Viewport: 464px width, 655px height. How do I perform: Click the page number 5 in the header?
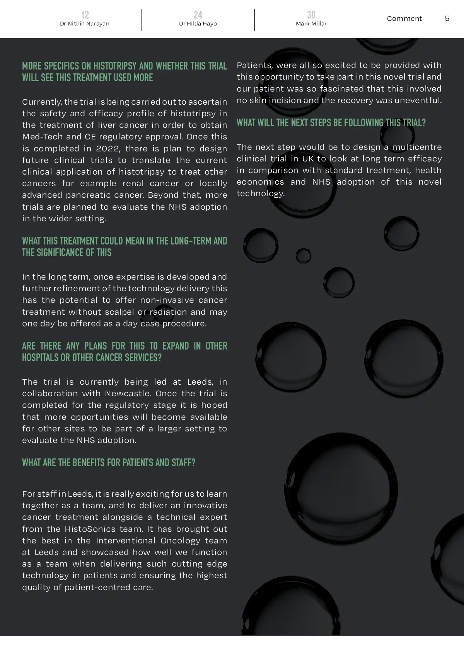pyautogui.click(x=447, y=19)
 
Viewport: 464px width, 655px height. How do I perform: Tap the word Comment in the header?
pyautogui.click(x=404, y=19)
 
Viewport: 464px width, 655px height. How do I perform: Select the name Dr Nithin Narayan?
pyautogui.click(x=85, y=24)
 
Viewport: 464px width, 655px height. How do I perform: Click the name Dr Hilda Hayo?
pyautogui.click(x=198, y=24)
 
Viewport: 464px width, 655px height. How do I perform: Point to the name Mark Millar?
pyautogui.click(x=311, y=24)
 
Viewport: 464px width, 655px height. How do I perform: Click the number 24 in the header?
pyautogui.click(x=198, y=15)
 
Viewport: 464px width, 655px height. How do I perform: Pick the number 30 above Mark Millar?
pyautogui.click(x=311, y=15)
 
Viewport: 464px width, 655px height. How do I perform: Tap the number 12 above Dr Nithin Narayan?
pyautogui.click(x=85, y=15)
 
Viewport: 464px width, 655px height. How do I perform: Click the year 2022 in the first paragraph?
pyautogui.click(x=107, y=149)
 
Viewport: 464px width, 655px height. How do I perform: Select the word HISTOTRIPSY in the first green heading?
pyautogui.click(x=115, y=66)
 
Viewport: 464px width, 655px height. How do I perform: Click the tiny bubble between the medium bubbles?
pyautogui.click(x=303, y=255)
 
